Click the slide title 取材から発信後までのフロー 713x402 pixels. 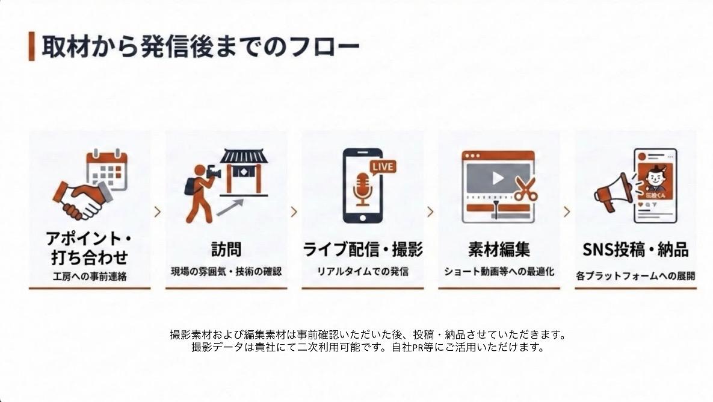click(x=200, y=46)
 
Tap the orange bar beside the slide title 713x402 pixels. click(x=31, y=46)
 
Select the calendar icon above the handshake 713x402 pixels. click(x=107, y=169)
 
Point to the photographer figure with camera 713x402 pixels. click(x=201, y=193)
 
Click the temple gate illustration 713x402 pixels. click(x=244, y=173)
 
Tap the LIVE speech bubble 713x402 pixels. click(x=383, y=167)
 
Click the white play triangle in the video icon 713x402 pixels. click(x=498, y=178)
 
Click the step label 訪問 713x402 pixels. click(x=226, y=249)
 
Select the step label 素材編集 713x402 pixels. click(x=499, y=250)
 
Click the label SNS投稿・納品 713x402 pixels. click(x=636, y=250)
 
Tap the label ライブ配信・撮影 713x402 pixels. click(x=363, y=250)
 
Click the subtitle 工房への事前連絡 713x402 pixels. click(x=90, y=277)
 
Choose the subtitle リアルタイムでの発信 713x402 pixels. click(x=362, y=271)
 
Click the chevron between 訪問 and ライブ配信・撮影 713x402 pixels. click(x=294, y=212)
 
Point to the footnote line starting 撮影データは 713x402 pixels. click(x=368, y=347)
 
